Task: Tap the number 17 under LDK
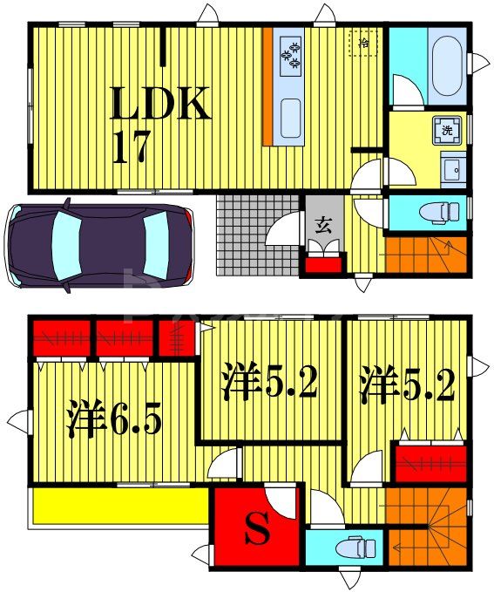pos(132,147)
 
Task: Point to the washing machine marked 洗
pos(447,132)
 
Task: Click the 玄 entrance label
pos(322,226)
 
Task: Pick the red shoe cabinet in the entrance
pos(321,264)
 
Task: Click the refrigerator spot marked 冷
pos(363,42)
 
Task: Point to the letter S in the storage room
pos(255,530)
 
